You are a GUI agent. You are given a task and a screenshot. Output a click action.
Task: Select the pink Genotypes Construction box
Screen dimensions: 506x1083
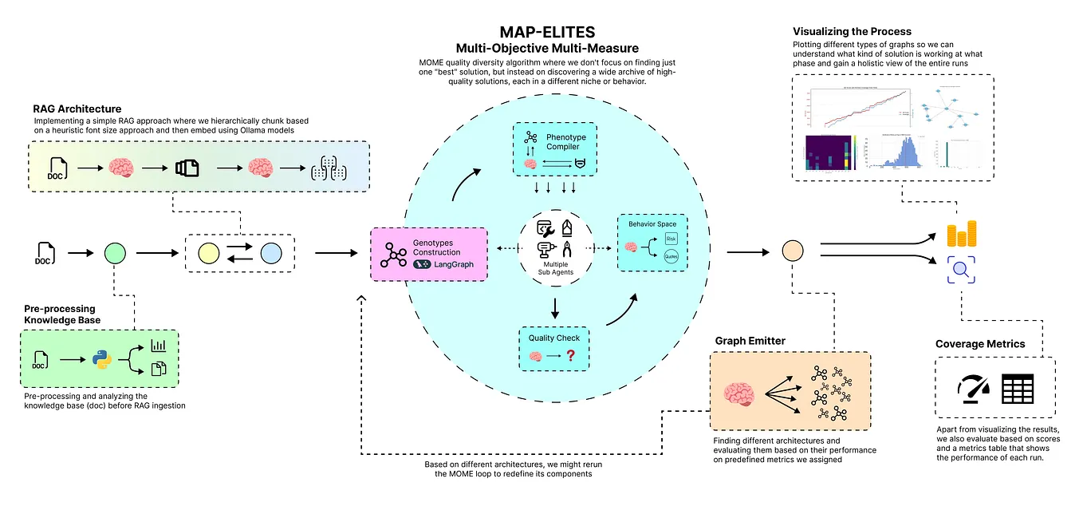point(428,253)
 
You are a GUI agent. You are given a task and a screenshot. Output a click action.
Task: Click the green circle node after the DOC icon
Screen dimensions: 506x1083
point(116,254)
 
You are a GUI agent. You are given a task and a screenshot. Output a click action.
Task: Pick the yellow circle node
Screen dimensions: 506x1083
point(209,254)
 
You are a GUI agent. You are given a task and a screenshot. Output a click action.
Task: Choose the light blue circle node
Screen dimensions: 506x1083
point(270,254)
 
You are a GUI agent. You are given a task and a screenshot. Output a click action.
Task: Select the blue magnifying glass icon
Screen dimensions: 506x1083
point(961,270)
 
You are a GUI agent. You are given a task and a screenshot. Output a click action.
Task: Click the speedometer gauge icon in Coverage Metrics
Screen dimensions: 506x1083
point(973,388)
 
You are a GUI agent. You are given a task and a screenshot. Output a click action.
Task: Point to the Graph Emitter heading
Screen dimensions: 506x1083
point(750,341)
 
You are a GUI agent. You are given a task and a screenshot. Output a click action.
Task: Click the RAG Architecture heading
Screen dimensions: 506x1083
point(78,108)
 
